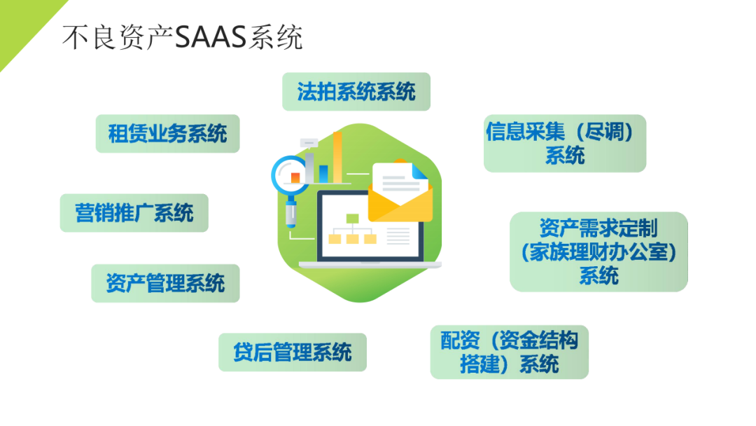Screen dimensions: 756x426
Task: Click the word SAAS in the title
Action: coord(211,37)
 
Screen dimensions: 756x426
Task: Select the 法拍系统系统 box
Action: coord(356,92)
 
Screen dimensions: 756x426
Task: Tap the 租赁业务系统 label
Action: coord(167,134)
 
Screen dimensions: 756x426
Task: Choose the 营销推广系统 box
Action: coord(134,213)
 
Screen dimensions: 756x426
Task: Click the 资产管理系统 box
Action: coord(165,283)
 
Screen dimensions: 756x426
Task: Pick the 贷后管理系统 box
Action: coord(293,352)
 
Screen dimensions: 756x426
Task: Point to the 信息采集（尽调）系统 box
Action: coord(565,144)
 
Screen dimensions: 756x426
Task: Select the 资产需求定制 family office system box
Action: coord(598,252)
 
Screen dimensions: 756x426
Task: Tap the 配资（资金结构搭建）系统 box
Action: coord(510,352)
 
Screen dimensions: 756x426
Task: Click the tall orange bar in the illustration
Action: coord(337,158)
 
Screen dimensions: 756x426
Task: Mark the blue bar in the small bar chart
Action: coord(323,174)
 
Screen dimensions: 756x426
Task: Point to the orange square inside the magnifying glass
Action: coord(295,177)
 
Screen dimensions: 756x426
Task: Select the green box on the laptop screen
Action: coord(352,219)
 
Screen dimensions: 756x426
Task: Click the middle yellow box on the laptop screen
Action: coord(352,239)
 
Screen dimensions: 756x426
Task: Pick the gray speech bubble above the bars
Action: coord(309,144)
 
